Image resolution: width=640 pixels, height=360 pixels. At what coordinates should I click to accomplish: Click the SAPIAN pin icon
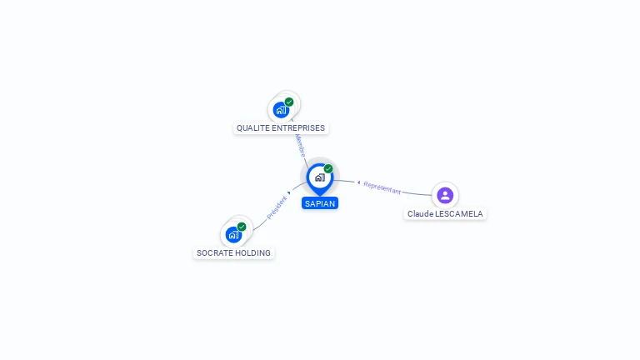[x=319, y=177]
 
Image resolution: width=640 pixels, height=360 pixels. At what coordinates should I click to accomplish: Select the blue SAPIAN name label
[x=320, y=203]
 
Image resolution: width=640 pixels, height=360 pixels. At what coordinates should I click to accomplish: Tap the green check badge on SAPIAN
[x=328, y=169]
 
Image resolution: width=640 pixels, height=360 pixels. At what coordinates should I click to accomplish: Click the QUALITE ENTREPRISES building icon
[x=282, y=109]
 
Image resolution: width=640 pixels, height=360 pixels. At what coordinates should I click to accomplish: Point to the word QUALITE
[x=252, y=128]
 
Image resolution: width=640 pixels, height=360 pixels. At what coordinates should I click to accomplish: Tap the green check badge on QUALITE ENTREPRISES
[x=289, y=102]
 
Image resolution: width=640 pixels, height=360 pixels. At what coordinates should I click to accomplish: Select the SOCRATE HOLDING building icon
[x=233, y=234]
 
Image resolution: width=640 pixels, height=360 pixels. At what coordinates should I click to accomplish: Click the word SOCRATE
[x=213, y=253]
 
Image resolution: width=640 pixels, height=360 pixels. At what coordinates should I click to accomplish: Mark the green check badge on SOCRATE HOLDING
[x=242, y=227]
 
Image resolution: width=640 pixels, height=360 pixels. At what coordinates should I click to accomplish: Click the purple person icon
[x=445, y=195]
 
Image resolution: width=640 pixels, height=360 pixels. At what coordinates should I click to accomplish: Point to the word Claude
[x=420, y=214]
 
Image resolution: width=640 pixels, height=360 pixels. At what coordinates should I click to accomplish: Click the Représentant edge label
[x=382, y=187]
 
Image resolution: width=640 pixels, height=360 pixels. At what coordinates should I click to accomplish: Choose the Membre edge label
[x=299, y=146]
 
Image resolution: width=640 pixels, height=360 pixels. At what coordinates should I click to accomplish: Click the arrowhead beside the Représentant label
[x=358, y=182]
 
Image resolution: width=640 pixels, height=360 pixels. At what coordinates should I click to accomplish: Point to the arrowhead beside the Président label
[x=289, y=193]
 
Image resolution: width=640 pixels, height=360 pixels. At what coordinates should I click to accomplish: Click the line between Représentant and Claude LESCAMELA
[x=417, y=193]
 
